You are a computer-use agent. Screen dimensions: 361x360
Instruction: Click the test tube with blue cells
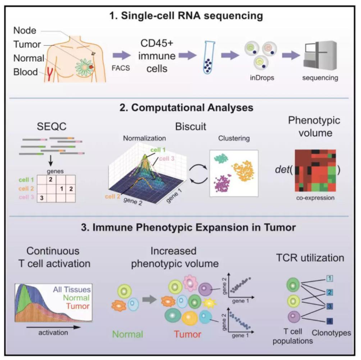pos(209,57)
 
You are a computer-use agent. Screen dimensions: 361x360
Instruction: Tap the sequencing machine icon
pos(320,55)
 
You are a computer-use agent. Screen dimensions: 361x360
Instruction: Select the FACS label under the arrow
pos(121,68)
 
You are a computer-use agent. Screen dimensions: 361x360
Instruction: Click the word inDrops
pos(262,78)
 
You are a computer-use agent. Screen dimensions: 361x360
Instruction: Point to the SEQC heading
pos(52,126)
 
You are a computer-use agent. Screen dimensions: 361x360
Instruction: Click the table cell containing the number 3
pos(42,198)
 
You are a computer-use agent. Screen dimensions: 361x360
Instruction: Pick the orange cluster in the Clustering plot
pos(243,171)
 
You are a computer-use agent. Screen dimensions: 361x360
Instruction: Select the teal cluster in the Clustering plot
pos(221,158)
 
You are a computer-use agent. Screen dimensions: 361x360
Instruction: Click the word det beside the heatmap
pos(282,169)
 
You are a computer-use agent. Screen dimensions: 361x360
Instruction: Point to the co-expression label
pos(315,198)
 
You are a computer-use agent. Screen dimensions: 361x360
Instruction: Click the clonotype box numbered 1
pos(329,278)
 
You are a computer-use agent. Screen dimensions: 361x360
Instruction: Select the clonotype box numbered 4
pos(329,321)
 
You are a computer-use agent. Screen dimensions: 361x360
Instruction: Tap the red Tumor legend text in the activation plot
pos(78,306)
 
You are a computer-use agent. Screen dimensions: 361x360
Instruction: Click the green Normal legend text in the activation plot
pos(76,298)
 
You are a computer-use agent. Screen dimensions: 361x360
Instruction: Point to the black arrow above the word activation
pos(53,327)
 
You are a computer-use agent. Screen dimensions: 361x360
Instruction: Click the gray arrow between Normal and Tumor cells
pos(150,299)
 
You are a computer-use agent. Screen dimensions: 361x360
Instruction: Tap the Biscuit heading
pos(191,126)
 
